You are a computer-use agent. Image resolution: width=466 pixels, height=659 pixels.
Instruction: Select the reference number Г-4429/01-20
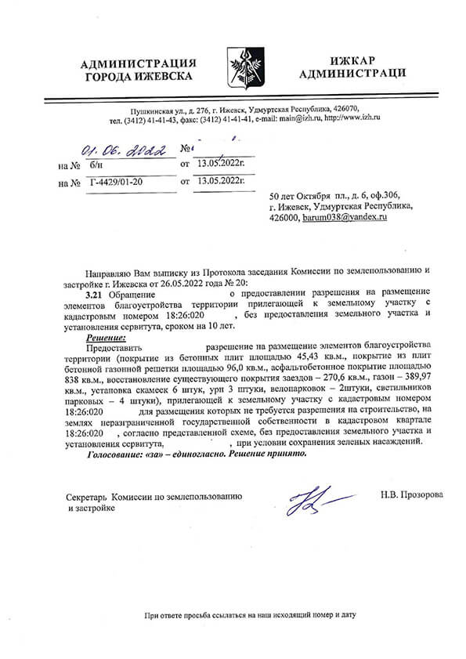coord(115,182)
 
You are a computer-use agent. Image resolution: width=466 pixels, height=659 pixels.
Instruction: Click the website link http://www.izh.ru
coord(352,119)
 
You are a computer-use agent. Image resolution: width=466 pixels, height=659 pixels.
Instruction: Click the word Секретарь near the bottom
coord(86,496)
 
